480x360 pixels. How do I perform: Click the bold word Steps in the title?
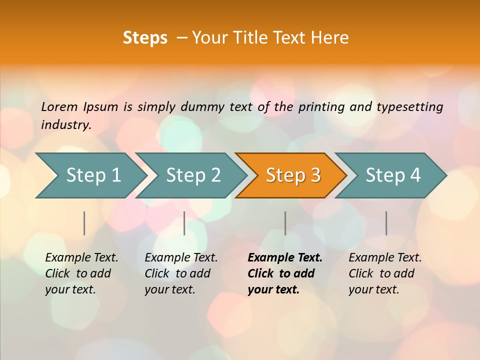[x=145, y=38]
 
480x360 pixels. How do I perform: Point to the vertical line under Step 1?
[x=84, y=223]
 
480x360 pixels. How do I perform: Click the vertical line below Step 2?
[x=184, y=223]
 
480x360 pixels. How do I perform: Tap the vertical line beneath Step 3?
[x=285, y=223]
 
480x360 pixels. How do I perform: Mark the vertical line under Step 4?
[x=386, y=223]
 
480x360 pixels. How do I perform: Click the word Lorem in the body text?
[x=59, y=106]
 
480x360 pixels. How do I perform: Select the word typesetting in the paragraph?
[x=409, y=106]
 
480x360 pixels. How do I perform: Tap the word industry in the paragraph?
[x=65, y=124]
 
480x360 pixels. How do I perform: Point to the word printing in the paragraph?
[x=320, y=106]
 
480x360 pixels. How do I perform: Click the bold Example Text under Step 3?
[x=285, y=258]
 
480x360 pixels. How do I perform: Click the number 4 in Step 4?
[x=415, y=175]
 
